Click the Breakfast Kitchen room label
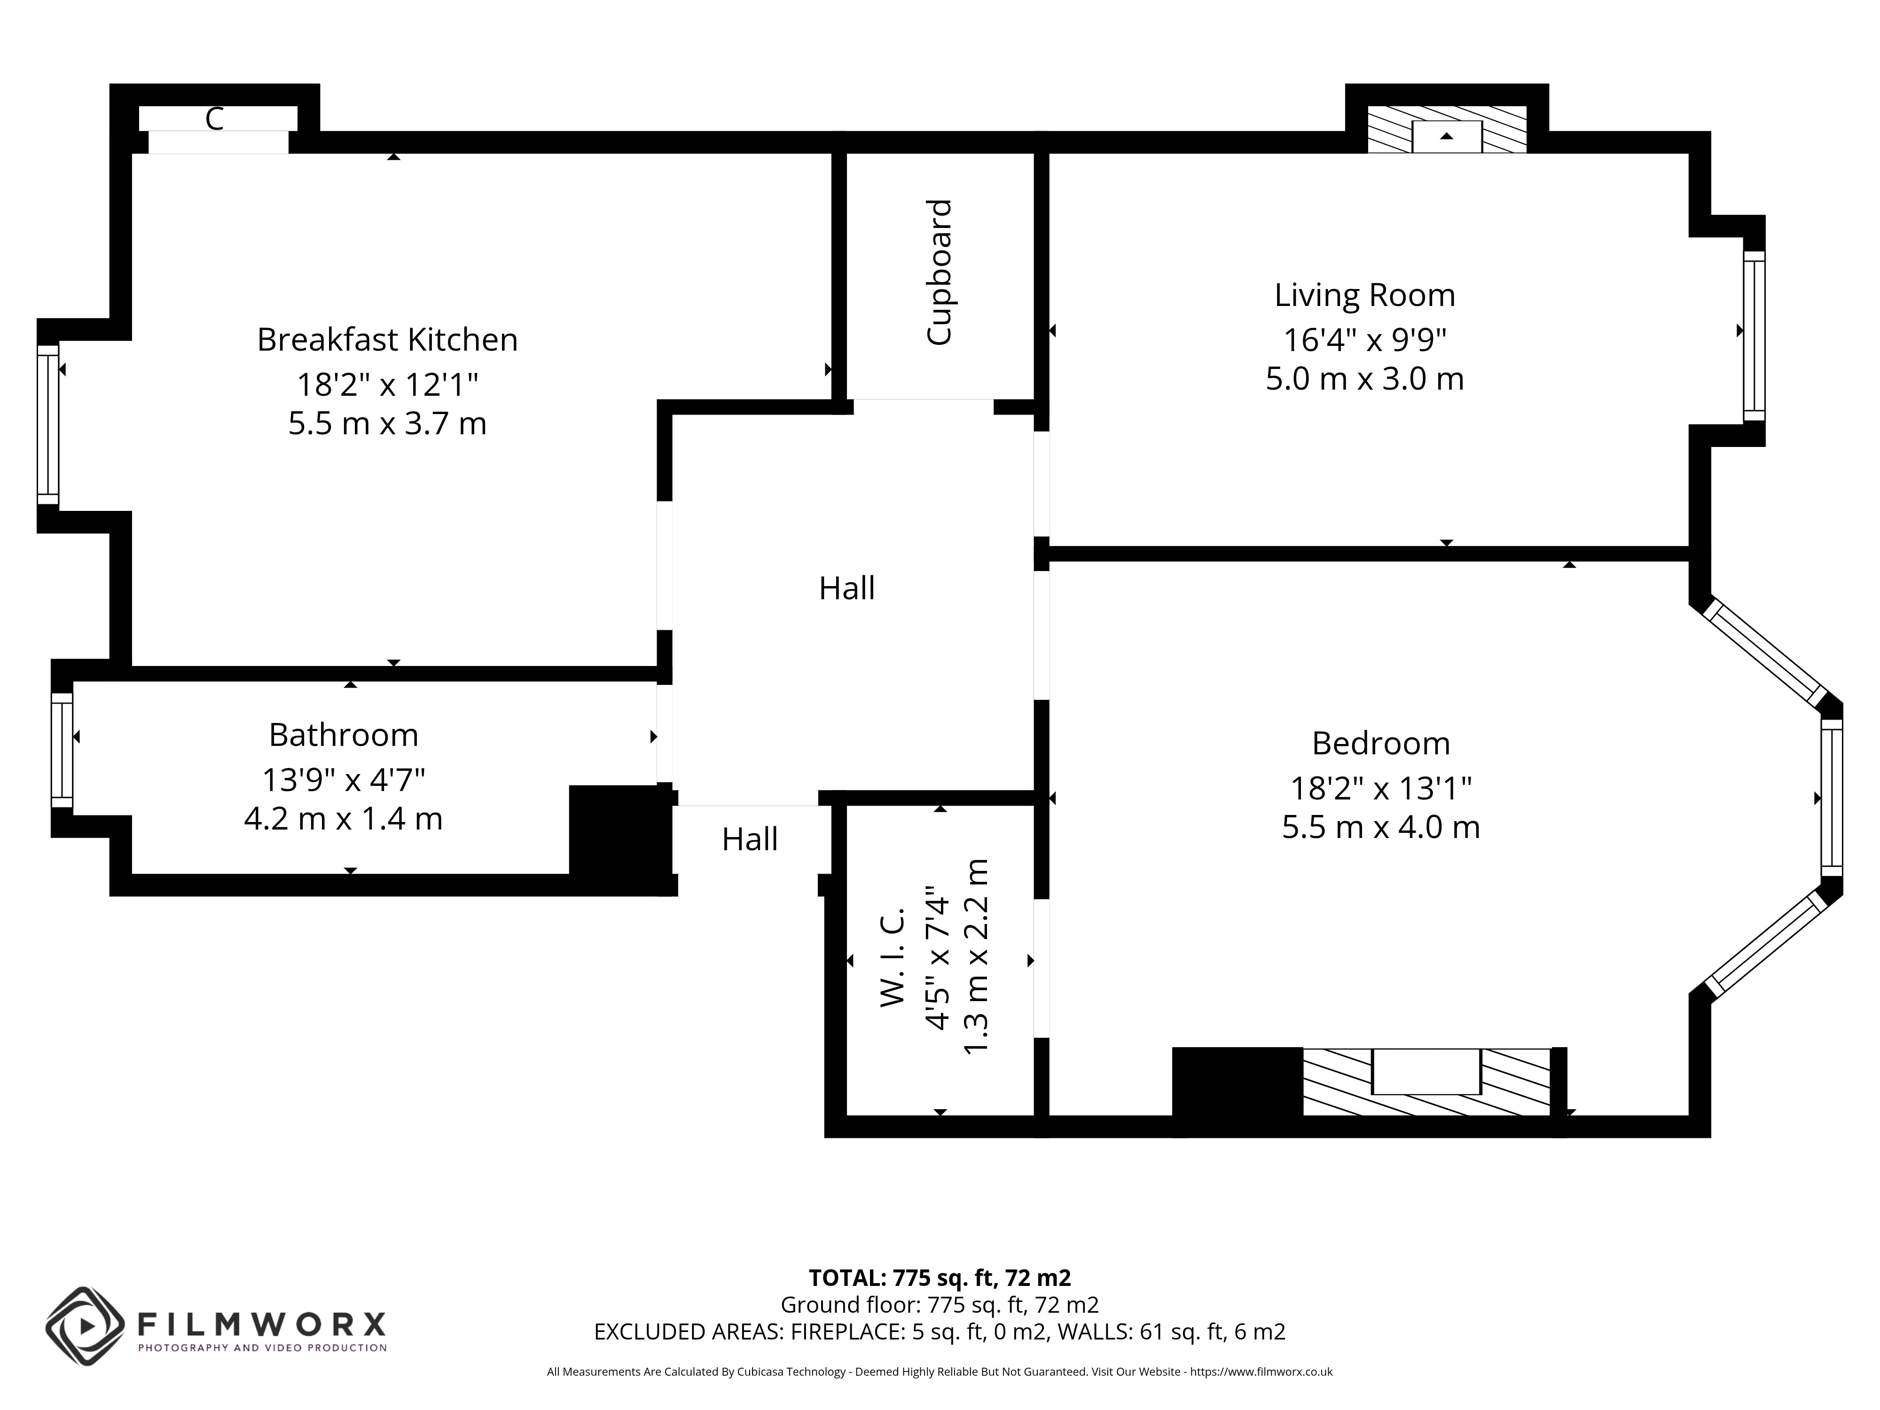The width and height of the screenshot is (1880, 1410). (x=388, y=340)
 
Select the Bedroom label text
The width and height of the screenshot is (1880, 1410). (x=1381, y=744)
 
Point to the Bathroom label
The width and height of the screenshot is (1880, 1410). (x=344, y=735)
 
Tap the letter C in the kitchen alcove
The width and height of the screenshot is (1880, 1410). (x=214, y=119)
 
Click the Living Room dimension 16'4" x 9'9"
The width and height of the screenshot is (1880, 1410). (x=1364, y=340)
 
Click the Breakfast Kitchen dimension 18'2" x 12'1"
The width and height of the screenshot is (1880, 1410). (x=388, y=385)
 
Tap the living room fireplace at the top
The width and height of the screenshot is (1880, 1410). (x=1447, y=130)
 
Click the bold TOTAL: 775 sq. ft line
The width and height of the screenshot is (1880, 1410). (x=940, y=1277)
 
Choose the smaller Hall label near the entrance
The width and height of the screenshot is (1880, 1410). (x=750, y=840)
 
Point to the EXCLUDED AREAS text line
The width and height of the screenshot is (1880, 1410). (x=940, y=1332)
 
